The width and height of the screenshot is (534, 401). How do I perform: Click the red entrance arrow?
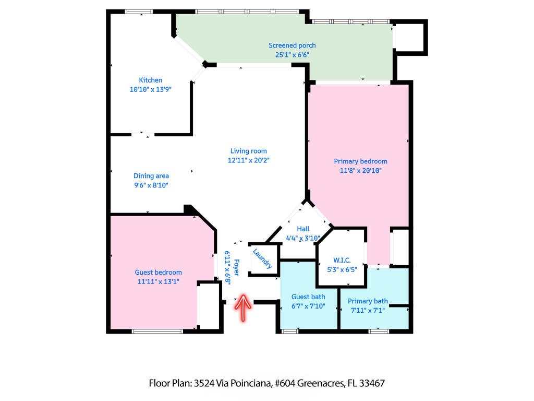point(244,309)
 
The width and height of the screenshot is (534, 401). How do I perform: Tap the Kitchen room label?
point(150,80)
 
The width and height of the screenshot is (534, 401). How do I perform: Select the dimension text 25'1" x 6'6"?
point(292,54)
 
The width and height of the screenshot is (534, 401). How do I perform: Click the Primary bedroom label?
point(360,161)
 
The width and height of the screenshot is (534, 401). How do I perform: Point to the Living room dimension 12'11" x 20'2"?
point(248,160)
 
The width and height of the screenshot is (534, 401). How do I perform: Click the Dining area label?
point(151,176)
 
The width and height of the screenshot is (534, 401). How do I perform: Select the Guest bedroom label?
point(158,272)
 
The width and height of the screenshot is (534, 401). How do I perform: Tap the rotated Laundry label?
point(262,258)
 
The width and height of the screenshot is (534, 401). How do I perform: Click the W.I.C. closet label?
point(342,261)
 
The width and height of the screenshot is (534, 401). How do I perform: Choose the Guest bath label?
point(308,297)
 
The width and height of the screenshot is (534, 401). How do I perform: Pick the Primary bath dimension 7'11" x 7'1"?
point(368,310)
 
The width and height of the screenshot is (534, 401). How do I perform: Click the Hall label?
point(303,229)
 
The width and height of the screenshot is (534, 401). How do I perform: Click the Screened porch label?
point(292,45)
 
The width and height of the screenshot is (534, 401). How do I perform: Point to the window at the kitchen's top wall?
point(139,11)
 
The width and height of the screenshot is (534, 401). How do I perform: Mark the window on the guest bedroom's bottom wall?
point(157,331)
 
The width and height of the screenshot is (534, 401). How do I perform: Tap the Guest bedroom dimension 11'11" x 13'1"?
point(158,281)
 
